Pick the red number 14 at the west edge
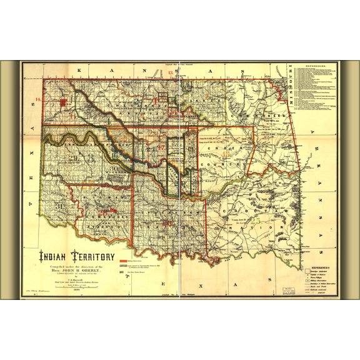pos(38,100)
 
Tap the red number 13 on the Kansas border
pos(171,74)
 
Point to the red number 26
pos(167,222)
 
